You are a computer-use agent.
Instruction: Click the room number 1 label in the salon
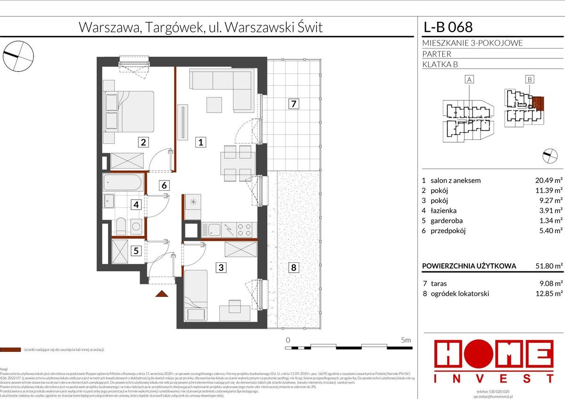pyautogui.click(x=200, y=142)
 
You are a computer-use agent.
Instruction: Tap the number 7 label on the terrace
pyautogui.click(x=293, y=104)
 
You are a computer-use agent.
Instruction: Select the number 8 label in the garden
pyautogui.click(x=293, y=268)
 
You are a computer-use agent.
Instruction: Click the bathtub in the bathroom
pyautogui.click(x=123, y=183)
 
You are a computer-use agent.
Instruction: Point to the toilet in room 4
pyautogui.click(x=120, y=227)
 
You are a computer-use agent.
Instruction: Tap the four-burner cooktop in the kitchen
pyautogui.click(x=244, y=230)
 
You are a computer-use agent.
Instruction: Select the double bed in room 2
pyautogui.click(x=129, y=112)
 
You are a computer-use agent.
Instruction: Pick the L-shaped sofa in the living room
pyautogui.click(x=222, y=85)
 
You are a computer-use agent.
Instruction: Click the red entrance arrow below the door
pyautogui.click(x=162, y=294)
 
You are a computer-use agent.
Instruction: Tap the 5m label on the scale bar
pyautogui.click(x=405, y=340)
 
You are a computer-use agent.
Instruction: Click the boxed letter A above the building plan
pyautogui.click(x=469, y=80)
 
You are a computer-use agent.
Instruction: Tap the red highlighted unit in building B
pyautogui.click(x=538, y=103)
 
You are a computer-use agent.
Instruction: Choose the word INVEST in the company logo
pyautogui.click(x=493, y=378)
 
